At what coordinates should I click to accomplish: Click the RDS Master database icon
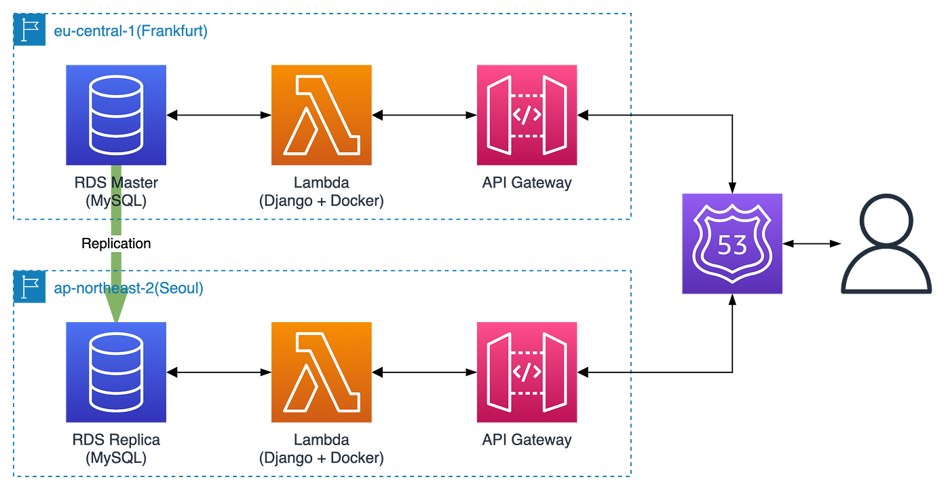coord(116,115)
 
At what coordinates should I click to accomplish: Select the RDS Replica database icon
coord(116,372)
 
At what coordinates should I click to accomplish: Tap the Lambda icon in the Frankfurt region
coord(321,115)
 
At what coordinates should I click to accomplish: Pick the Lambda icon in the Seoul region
coord(321,372)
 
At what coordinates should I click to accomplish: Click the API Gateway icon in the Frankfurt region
coord(527,115)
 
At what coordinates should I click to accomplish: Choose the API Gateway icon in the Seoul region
coord(527,372)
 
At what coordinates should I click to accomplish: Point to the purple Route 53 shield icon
coord(732,243)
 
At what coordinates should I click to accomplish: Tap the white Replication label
coord(116,243)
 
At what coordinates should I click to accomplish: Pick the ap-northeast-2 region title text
coord(128,289)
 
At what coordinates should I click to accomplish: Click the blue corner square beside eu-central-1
coord(30,31)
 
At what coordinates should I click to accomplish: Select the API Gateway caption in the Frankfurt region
coord(527,183)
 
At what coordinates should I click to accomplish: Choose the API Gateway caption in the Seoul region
coord(527,440)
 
